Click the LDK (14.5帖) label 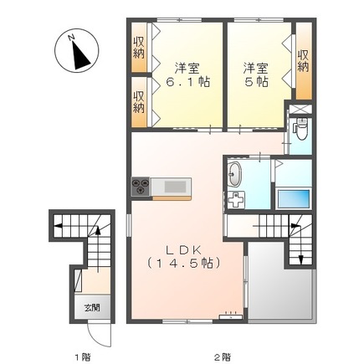pyautogui.click(x=184, y=256)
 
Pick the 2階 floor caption pyautogui.click(x=221, y=356)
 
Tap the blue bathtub pyautogui.click(x=294, y=199)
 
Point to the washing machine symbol pyautogui.click(x=238, y=201)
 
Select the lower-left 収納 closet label pyautogui.click(x=139, y=101)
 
